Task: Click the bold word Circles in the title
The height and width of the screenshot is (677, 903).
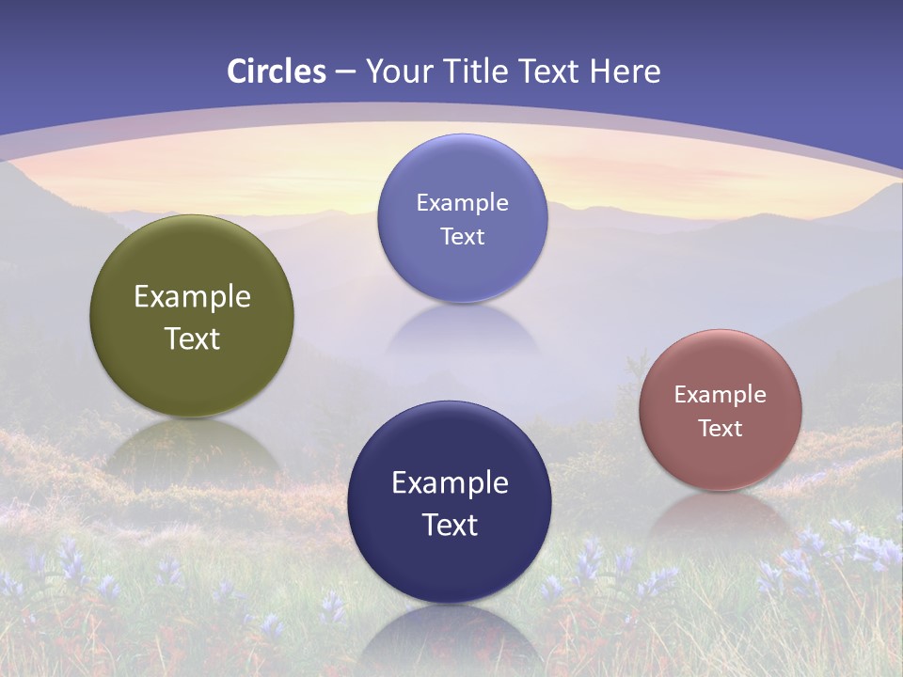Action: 276,71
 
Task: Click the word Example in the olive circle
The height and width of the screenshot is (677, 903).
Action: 192,297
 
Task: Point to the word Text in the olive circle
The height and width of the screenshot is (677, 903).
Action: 192,338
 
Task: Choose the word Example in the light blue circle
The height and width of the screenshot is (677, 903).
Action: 462,202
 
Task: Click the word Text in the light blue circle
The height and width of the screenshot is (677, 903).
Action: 462,236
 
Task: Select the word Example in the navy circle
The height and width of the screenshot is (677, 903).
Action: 450,482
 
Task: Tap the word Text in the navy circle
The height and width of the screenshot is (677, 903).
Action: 450,524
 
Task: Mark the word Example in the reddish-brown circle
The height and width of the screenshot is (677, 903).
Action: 721,394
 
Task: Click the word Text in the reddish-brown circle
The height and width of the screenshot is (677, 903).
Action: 721,428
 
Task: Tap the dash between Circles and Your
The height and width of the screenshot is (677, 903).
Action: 345,71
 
